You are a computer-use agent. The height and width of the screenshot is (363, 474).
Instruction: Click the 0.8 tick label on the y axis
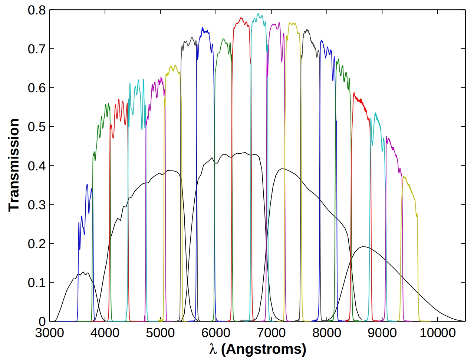click(36, 10)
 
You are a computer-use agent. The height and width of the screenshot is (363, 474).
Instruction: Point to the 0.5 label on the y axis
click(36, 127)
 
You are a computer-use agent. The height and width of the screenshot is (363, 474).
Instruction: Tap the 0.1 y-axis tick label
click(36, 283)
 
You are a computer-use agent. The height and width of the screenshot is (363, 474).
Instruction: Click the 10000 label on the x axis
click(437, 333)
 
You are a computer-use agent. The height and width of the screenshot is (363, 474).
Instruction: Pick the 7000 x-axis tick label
click(271, 333)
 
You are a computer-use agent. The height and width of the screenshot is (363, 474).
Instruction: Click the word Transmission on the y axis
click(14, 165)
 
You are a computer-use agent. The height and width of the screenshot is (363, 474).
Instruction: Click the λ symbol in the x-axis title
click(213, 349)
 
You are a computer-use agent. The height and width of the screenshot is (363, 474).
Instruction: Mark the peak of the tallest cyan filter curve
click(259, 14)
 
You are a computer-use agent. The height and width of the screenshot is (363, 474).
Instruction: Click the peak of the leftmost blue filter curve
click(87, 184)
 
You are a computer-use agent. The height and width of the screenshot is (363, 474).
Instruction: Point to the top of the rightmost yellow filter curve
click(404, 177)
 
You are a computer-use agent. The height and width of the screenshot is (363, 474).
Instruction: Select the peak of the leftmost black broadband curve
click(83, 272)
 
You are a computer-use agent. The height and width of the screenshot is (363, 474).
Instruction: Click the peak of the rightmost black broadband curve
click(364, 247)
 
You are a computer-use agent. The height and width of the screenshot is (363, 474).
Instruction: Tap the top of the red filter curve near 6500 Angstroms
click(241, 18)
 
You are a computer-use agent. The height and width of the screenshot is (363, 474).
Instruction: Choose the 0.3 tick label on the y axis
click(36, 204)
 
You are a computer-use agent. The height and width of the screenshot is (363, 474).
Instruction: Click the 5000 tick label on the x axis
click(161, 333)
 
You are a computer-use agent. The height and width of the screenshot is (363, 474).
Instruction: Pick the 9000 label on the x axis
click(382, 333)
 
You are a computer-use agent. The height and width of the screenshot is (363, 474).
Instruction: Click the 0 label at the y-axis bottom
click(42, 321)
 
